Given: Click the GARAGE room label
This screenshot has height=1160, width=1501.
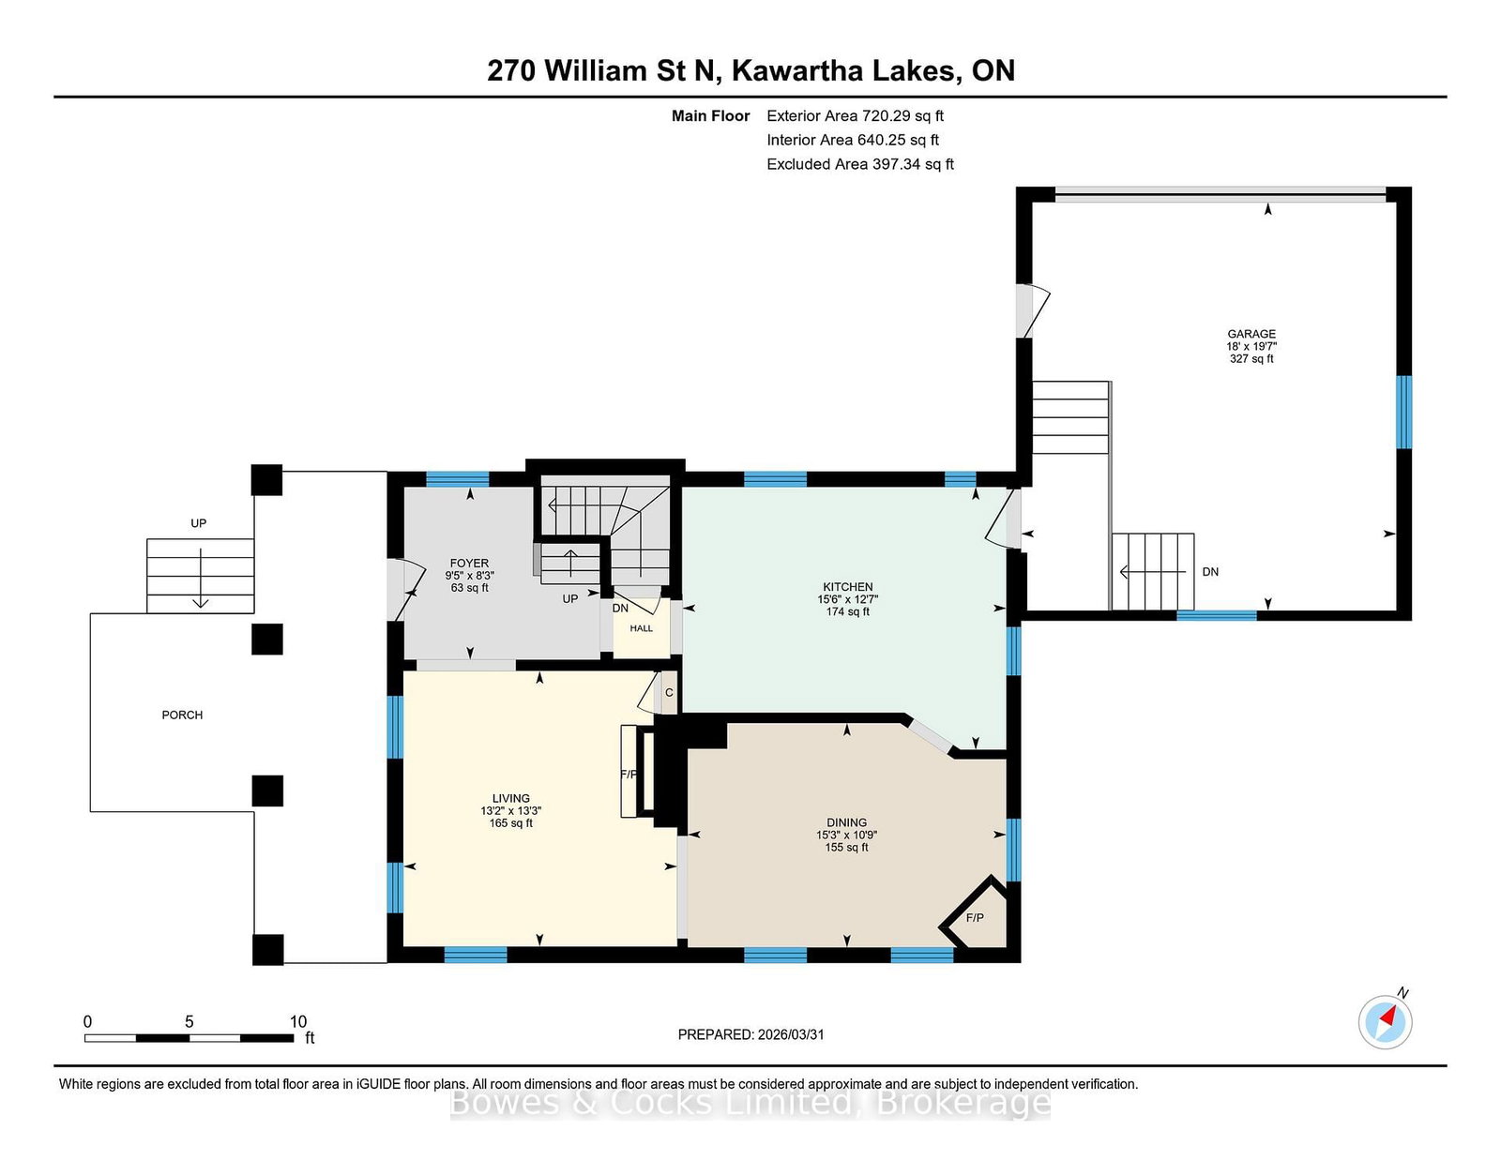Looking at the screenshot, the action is coord(1251,334).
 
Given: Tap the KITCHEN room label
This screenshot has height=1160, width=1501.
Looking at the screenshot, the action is coord(847,588).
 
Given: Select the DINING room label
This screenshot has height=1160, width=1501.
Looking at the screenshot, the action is coord(846,822).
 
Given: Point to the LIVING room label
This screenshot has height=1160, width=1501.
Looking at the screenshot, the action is coord(511,798).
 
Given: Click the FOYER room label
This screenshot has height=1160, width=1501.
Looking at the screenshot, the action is coord(469,564).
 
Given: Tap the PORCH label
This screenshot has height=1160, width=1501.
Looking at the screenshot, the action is coord(182,716).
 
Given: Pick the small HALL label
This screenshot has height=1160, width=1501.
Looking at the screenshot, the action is coord(641,628).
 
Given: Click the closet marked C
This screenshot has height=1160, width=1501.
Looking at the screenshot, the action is coord(669,693).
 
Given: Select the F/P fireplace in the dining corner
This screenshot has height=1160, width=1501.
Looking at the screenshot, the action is coord(975,918).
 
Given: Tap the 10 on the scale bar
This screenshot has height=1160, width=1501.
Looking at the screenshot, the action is coord(297,1021).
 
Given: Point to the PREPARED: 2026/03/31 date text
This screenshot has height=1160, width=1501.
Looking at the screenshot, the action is coord(750,1034).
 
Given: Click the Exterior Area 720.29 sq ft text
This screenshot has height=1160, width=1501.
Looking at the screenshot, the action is coord(856,116).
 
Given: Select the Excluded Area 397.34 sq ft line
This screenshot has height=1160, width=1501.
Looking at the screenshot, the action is coord(860,164).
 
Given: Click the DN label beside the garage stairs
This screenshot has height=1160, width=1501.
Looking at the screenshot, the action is coord(1210,572).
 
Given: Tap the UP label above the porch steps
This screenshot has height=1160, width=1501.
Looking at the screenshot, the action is coord(198,523).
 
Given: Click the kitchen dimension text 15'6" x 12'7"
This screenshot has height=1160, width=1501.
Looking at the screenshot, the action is coord(847,600).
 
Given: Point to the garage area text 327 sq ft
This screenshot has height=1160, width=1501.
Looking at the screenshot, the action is coord(1251,359).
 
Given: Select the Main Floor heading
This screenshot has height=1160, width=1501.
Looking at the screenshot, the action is coord(711,116).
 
